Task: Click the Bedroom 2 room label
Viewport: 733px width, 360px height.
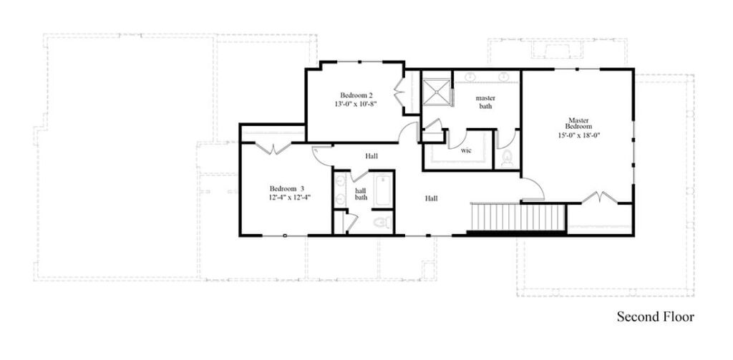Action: [x=356, y=94]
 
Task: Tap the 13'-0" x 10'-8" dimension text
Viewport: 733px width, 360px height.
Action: [x=356, y=104]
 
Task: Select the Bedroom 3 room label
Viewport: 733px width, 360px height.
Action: [x=287, y=188]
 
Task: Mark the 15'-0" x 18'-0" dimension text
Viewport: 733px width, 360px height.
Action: [x=578, y=135]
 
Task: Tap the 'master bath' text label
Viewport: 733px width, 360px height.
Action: [x=485, y=102]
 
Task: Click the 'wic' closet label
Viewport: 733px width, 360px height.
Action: [x=465, y=151]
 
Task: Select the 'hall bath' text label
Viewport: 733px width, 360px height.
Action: [x=361, y=194]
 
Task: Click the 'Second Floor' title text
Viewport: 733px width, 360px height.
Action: [x=655, y=316]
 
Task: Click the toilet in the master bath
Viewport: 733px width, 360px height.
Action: [x=507, y=158]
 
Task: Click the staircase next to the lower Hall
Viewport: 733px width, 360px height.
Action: [x=517, y=217]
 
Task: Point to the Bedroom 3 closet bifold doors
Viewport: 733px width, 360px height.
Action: [x=273, y=147]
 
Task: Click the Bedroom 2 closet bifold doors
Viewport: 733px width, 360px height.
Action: [x=399, y=96]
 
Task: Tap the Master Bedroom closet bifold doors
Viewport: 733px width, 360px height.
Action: [x=600, y=197]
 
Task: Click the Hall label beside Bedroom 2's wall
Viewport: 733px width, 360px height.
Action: [x=371, y=156]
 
